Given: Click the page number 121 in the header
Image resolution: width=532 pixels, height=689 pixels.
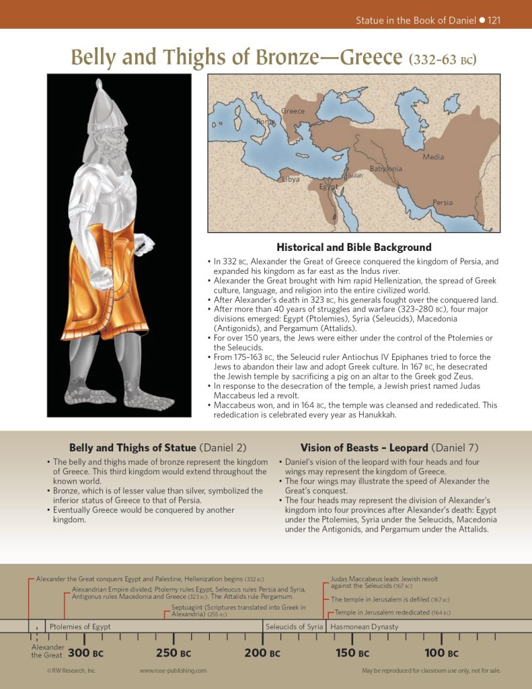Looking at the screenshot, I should [x=494, y=20].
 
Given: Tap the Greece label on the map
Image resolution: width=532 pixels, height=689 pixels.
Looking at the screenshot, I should [x=293, y=111].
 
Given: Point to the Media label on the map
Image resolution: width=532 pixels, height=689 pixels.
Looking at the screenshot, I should [x=433, y=157].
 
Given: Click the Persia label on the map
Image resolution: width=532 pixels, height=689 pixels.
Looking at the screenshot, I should [x=443, y=203].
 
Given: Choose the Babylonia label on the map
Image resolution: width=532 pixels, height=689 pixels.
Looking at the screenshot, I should [x=385, y=169].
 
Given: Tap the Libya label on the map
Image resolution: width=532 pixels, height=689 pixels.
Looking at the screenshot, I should [x=291, y=180].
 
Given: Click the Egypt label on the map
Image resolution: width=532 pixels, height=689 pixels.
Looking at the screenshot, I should [x=329, y=186].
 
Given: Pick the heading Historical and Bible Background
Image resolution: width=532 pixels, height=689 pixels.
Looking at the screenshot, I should [x=354, y=248].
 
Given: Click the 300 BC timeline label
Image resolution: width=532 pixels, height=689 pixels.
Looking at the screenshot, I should [x=85, y=653].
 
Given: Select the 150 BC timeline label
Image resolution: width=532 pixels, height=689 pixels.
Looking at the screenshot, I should [x=353, y=653].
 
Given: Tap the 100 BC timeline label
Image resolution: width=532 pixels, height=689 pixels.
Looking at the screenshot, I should [x=442, y=653].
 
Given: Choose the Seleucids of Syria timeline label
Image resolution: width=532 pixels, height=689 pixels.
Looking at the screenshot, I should [x=294, y=626].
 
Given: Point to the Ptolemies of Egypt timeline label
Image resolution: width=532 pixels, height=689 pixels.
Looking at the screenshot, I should [x=80, y=626].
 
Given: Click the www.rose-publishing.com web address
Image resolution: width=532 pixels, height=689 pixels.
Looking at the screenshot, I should [x=173, y=671].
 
